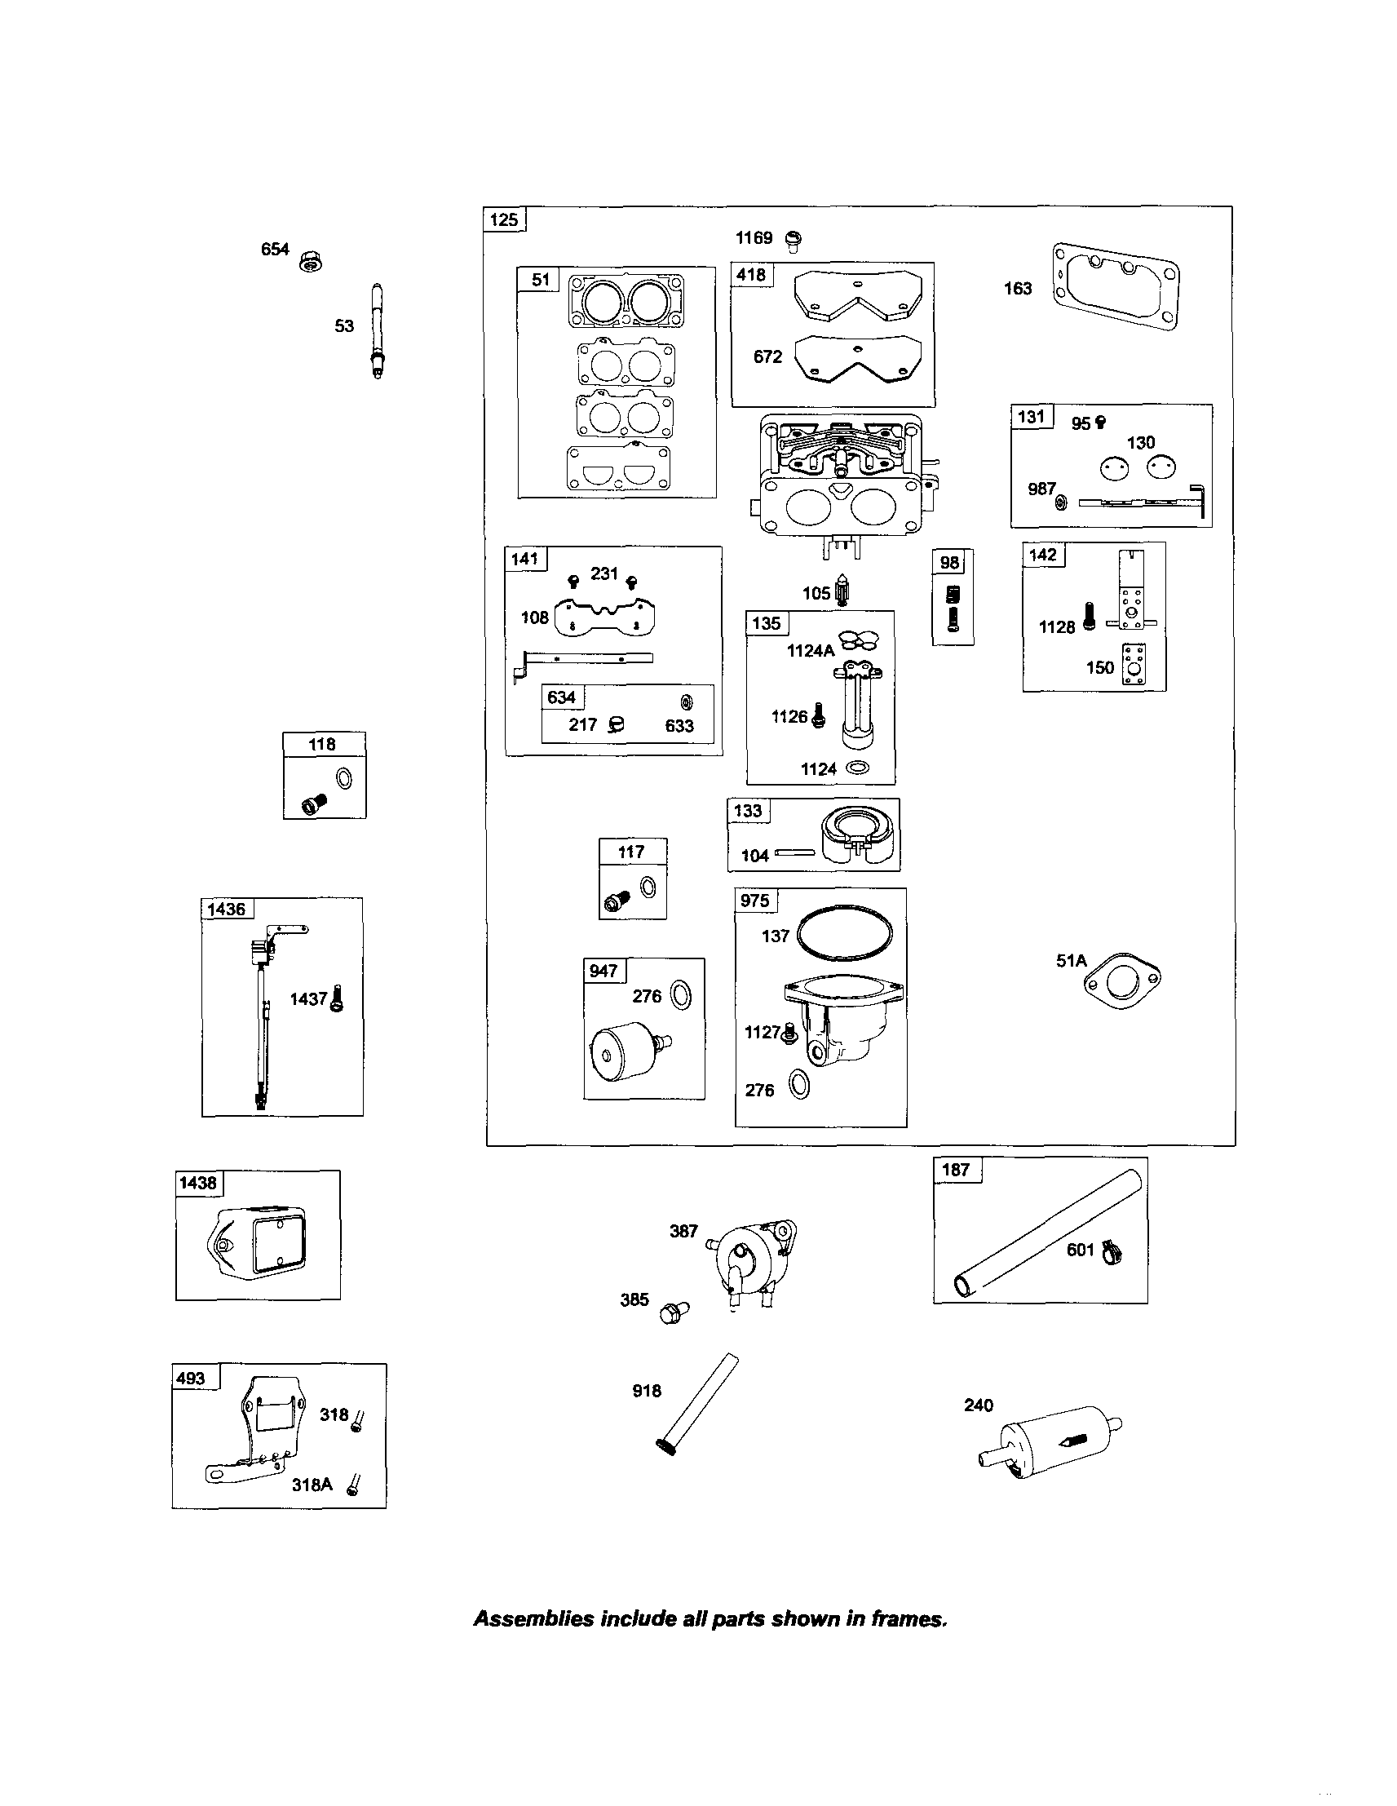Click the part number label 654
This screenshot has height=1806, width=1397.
(276, 249)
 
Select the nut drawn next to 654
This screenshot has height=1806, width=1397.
(312, 260)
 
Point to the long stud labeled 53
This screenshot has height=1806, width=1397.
(378, 330)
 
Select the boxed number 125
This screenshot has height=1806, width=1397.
(503, 219)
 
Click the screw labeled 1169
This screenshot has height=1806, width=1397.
(793, 240)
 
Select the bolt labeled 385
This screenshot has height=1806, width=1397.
(673, 1311)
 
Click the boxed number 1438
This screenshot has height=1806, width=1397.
(198, 1183)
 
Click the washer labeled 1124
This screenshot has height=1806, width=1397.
(858, 768)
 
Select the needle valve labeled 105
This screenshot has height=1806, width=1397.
(842, 592)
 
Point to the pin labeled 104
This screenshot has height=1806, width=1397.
(794, 853)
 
